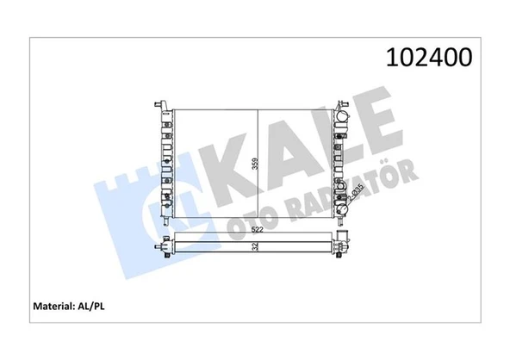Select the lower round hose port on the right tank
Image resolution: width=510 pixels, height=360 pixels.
[x=344, y=207]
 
